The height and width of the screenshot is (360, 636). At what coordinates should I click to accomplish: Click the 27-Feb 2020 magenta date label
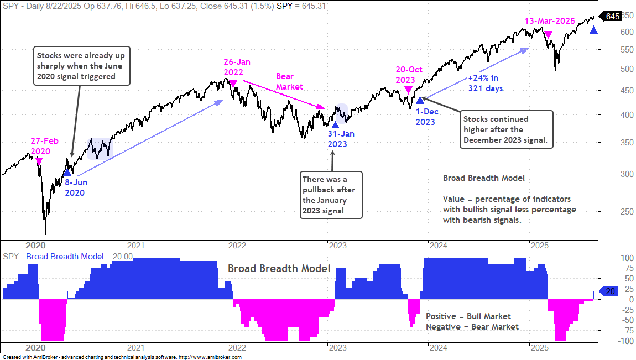pos(45,147)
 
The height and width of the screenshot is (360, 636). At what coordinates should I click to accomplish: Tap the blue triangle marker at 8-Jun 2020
pos(67,172)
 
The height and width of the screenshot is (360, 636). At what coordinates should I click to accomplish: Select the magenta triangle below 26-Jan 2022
pos(233,84)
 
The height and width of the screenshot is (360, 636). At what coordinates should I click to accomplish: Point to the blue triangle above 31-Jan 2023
pos(335,124)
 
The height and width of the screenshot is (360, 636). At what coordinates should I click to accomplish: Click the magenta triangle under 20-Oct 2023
pos(409,90)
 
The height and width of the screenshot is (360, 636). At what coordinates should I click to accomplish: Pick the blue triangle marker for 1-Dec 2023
pos(420,100)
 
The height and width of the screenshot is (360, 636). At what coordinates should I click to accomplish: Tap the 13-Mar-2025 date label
pos(550,21)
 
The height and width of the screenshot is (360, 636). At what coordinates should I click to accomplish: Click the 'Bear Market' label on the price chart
pos(290,81)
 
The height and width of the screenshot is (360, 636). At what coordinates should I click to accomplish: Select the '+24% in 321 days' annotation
pos(485,83)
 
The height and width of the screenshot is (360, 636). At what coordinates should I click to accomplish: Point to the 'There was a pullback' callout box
pos(331,195)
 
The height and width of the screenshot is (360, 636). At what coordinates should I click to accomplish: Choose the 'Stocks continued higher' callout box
pos(506,129)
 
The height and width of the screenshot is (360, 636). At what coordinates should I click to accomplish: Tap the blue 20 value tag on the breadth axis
pos(609,291)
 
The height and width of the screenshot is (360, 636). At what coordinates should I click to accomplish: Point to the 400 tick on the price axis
pos(627,114)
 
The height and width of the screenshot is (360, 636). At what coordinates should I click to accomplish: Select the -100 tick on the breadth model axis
pos(626,341)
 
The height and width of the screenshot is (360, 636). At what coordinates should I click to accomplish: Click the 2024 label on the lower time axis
pos(439,348)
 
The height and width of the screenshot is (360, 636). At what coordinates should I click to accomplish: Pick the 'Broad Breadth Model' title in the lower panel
pos(279,268)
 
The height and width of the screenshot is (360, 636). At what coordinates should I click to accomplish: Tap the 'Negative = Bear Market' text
pos(472,327)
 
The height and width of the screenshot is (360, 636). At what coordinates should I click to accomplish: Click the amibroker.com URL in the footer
pos(210,357)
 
